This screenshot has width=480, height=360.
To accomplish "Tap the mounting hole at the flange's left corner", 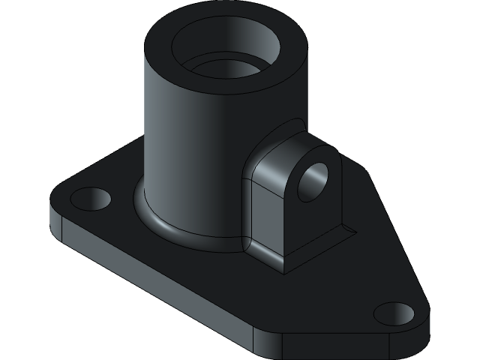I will coord(90,199).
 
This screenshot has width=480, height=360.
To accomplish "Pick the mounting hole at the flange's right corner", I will coord(394,313).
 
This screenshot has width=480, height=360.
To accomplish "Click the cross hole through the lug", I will coord(313,181).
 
